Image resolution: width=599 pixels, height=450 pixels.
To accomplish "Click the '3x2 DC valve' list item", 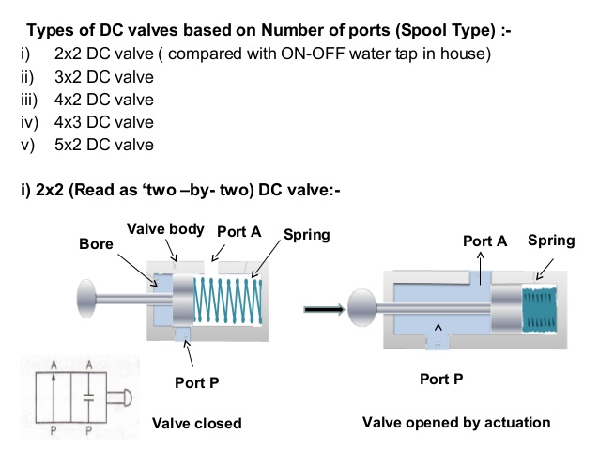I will coord(104,77).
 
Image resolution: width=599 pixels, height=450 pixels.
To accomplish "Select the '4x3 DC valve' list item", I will coord(104,122).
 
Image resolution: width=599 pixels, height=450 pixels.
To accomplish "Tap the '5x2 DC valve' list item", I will coord(104,145).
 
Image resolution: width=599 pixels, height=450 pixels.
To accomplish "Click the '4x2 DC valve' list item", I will coord(104,100).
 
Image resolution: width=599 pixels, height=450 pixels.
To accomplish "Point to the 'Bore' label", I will coord(97,244).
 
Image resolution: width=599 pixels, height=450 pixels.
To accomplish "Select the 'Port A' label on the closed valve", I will coord(238,231).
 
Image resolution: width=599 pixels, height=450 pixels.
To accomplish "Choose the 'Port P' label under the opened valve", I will coord(441,380).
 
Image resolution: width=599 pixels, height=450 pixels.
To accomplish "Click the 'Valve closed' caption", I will coord(196,423).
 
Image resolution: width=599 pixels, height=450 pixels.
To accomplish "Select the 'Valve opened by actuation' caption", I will coord(456,422).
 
